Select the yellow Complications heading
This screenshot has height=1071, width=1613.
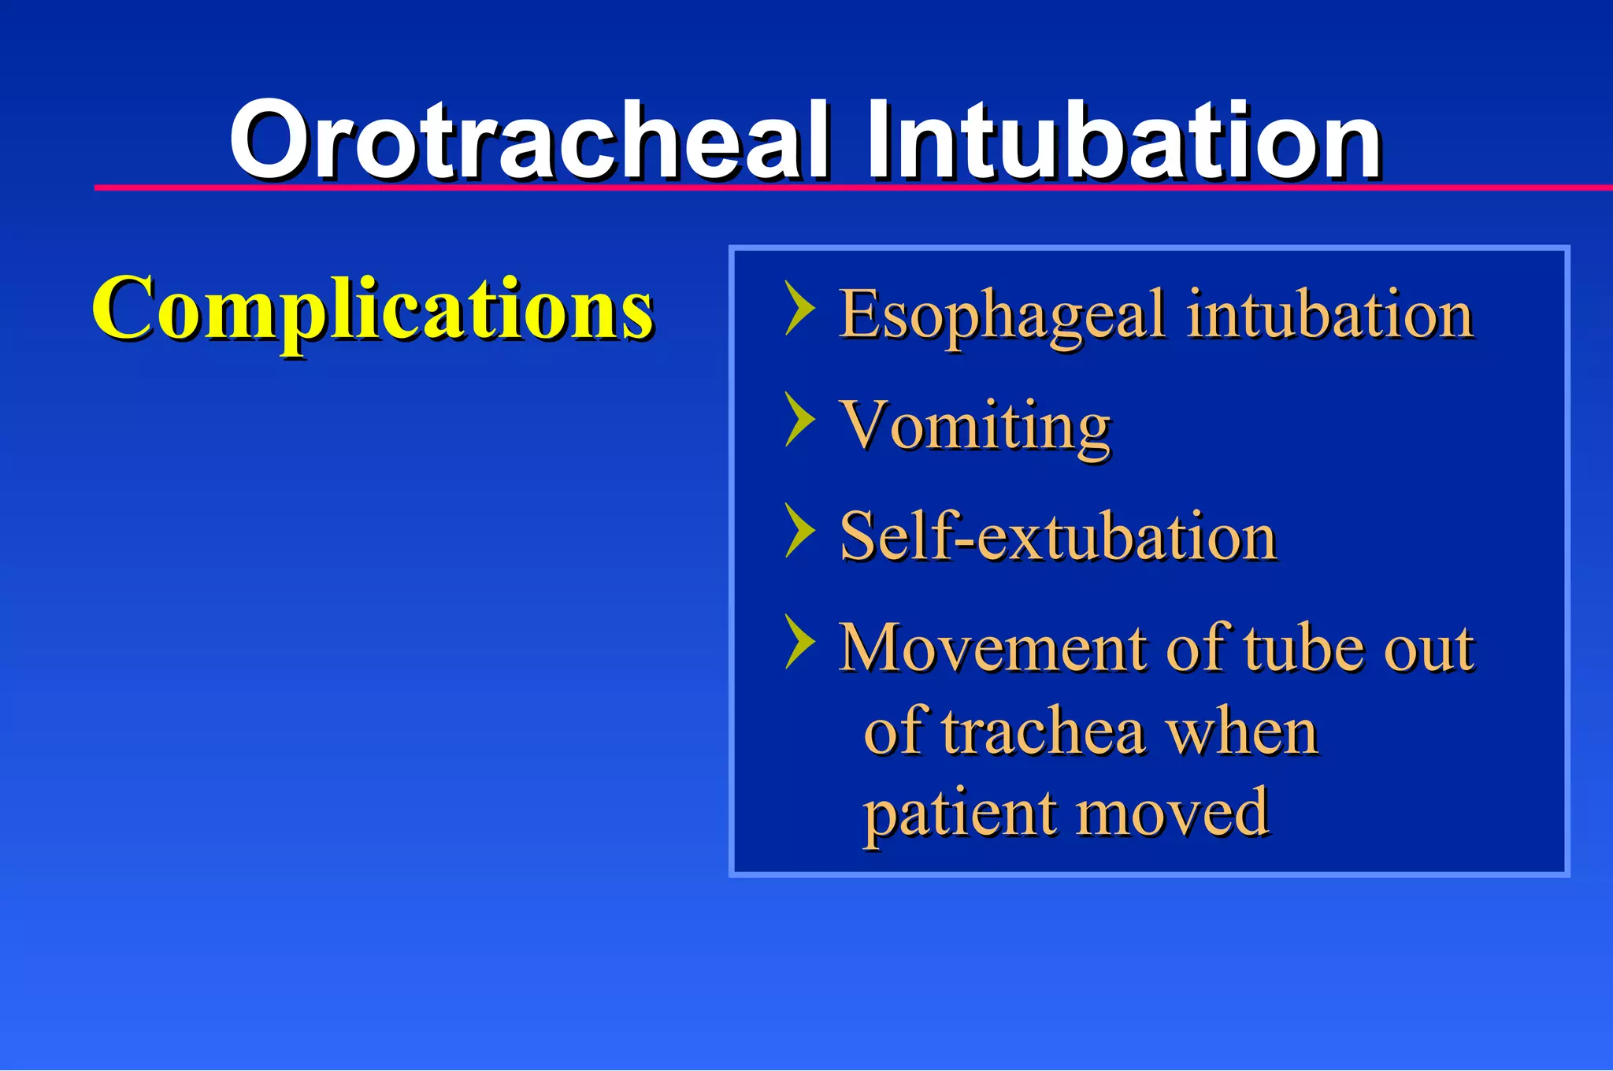pyautogui.click(x=372, y=309)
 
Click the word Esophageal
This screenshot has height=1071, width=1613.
pyautogui.click(x=1000, y=315)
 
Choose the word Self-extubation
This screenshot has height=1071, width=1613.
pyautogui.click(x=1058, y=536)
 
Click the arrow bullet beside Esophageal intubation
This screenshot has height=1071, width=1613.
pyautogui.click(x=799, y=309)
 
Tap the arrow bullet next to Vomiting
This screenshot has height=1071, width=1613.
pyautogui.click(x=799, y=420)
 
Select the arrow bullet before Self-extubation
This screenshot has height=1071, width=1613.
pyautogui.click(x=799, y=531)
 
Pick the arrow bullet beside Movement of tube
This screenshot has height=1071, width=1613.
pyautogui.click(x=799, y=643)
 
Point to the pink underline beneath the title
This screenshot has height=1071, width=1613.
pyautogui.click(x=788, y=187)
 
